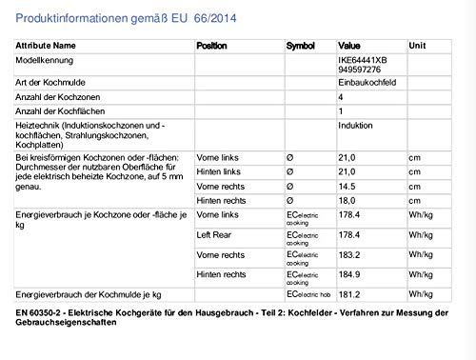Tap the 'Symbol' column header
point(300,45)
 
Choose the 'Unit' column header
point(417,45)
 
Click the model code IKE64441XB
point(362,58)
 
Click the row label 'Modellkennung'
point(35,59)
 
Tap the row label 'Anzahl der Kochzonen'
point(46,97)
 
